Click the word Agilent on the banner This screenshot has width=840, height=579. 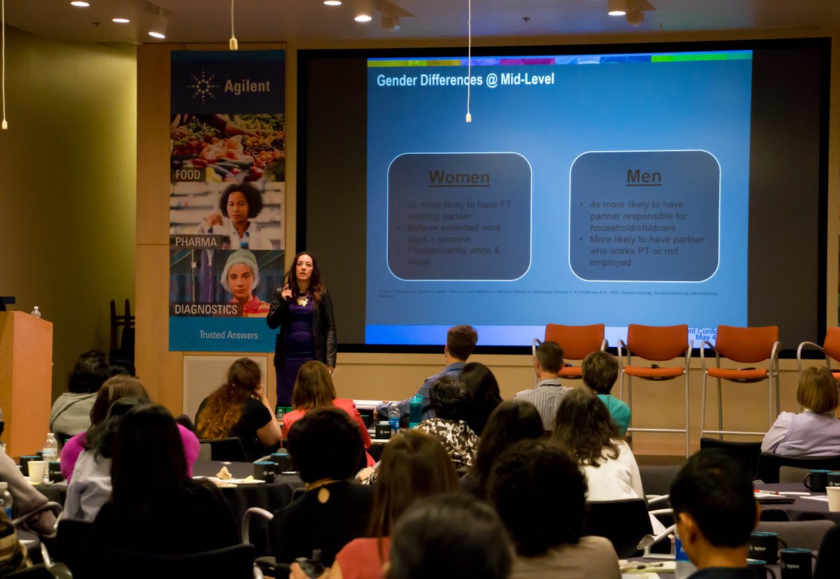(246, 86)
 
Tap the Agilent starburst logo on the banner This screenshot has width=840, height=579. (203, 86)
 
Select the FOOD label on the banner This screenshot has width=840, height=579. (188, 175)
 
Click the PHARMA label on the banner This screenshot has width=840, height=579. (196, 242)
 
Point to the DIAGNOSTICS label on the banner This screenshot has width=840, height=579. (206, 309)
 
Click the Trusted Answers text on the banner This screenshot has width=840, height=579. (228, 335)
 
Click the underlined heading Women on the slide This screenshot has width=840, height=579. (459, 178)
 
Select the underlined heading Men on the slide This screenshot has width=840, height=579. (644, 177)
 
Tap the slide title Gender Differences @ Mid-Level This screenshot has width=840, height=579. (465, 80)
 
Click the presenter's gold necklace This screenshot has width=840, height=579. (302, 301)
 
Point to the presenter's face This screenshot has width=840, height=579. (301, 269)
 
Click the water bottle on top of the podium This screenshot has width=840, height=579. (36, 311)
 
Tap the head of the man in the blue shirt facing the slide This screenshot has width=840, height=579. (461, 343)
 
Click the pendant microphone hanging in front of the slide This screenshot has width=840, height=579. (468, 117)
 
